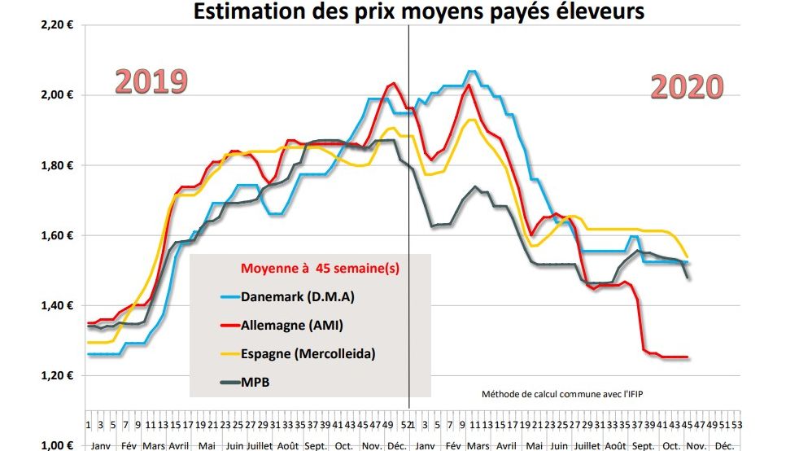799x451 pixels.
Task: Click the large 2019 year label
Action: (151, 81)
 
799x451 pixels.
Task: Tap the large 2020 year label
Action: (687, 86)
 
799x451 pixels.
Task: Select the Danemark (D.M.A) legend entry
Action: (298, 296)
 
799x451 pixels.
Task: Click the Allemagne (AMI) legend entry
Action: (293, 325)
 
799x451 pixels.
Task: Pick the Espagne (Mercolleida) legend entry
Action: (308, 354)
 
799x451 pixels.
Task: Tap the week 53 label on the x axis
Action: (736, 425)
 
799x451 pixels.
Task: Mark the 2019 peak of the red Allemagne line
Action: (393, 82)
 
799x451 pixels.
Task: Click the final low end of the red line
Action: (688, 357)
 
